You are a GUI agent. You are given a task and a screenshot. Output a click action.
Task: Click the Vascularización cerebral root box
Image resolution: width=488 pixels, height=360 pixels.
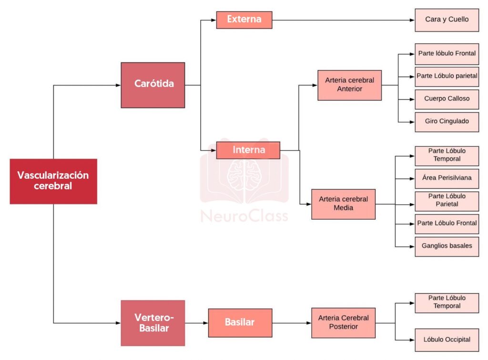pyautogui.click(x=53, y=181)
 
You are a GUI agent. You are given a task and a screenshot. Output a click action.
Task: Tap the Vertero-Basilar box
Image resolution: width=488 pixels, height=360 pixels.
pyautogui.click(x=152, y=323)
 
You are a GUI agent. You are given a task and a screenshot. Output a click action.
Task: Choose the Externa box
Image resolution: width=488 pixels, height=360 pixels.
pyautogui.click(x=244, y=20)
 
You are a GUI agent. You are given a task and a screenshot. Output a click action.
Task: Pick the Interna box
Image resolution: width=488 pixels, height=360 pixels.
pyautogui.click(x=248, y=150)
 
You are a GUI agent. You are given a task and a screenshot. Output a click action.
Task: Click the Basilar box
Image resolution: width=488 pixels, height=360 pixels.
pyautogui.click(x=240, y=323)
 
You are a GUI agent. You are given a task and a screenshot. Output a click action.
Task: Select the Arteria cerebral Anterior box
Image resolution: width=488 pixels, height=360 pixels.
pyautogui.click(x=349, y=85)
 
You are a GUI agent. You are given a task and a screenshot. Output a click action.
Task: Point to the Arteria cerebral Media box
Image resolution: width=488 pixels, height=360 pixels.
pyautogui.click(x=343, y=204)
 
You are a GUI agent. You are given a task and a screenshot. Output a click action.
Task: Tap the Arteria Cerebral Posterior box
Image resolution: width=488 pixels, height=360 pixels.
pyautogui.click(x=343, y=323)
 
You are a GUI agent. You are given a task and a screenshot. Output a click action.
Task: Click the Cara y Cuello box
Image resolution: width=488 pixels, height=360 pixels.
pyautogui.click(x=447, y=20)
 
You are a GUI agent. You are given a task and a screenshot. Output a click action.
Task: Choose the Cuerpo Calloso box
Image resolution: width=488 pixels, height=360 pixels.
pyautogui.click(x=447, y=99)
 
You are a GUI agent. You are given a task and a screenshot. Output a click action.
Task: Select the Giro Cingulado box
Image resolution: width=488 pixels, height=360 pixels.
pyautogui.click(x=447, y=121)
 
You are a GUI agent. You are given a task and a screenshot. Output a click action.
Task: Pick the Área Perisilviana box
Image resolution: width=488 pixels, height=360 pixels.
pyautogui.click(x=447, y=178)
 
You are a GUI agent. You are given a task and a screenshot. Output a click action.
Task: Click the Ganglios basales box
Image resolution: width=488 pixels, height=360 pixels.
pyautogui.click(x=447, y=246)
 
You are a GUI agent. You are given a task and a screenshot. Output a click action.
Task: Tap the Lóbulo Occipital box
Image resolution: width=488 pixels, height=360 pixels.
pyautogui.click(x=447, y=340)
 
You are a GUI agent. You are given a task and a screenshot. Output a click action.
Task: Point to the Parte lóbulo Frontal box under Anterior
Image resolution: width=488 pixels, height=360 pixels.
pyautogui.click(x=447, y=53)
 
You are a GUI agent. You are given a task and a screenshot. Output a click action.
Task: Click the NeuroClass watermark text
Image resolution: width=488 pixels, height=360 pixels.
pyautogui.click(x=244, y=216)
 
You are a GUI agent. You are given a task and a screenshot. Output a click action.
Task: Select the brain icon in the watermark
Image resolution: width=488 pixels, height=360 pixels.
pyautogui.click(x=244, y=174)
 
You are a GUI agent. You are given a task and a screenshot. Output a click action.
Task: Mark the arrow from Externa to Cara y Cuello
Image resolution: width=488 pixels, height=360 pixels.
pyautogui.click(x=343, y=20)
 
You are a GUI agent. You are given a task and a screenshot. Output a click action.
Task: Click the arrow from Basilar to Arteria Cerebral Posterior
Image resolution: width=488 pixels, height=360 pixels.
pyautogui.click(x=292, y=323)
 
